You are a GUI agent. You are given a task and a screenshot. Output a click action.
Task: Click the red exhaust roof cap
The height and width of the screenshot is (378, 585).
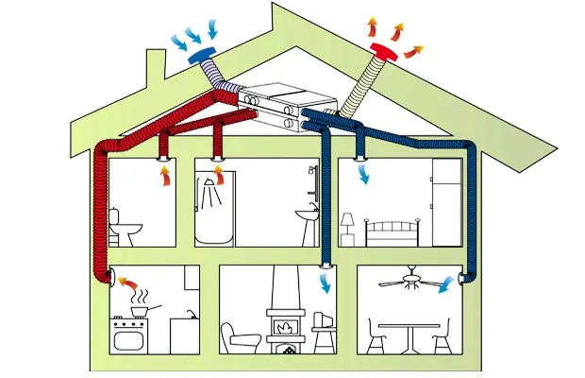tap(386, 49)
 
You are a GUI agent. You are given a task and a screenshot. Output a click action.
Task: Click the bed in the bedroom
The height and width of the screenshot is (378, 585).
tap(388, 232)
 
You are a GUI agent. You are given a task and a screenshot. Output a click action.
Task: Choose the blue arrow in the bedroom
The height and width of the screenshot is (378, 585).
tap(362, 172)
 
